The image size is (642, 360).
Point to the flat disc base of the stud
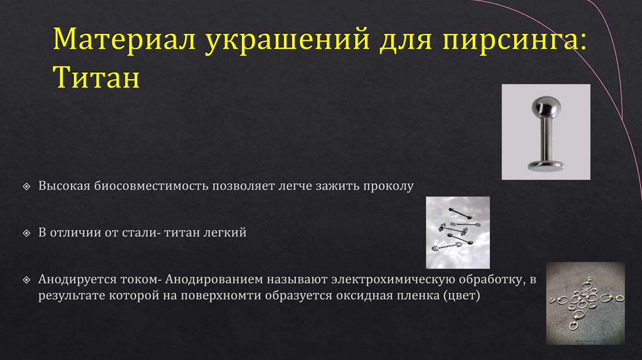pos(546,166)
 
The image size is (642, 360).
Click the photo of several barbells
pos(458,233)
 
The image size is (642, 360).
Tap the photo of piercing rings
pos(586,303)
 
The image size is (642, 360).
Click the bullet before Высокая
pos(26,187)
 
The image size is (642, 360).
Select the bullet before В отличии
pos(26,233)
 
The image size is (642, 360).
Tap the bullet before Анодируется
pos(26,278)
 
